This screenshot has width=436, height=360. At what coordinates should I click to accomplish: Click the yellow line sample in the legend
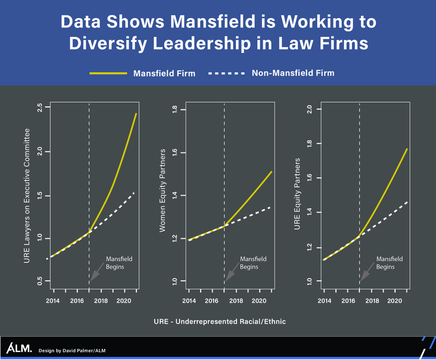point(108,73)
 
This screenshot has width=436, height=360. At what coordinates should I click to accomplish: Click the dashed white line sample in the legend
point(226,73)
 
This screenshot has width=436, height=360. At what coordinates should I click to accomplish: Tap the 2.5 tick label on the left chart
point(40,107)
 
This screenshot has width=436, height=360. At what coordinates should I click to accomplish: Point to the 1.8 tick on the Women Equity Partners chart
point(175,110)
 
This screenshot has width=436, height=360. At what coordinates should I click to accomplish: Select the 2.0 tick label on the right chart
point(309,109)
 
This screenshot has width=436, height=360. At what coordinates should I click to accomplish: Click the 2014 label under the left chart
point(52,301)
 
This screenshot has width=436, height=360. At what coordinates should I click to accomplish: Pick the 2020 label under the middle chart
point(259,301)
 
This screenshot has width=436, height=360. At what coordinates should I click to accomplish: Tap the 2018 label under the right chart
point(372,301)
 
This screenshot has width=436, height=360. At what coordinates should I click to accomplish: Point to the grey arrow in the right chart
point(367,272)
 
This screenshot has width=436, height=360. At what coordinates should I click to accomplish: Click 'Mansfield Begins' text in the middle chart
point(253,263)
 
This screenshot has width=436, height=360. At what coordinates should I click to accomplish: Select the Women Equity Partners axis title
point(162,191)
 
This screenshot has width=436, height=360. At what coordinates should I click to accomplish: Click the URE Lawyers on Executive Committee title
point(27,196)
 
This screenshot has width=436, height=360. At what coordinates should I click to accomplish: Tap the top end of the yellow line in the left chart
point(136,114)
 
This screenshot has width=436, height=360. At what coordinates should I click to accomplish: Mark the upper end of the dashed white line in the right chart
point(408,202)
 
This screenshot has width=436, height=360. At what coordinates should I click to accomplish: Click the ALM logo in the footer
point(19,348)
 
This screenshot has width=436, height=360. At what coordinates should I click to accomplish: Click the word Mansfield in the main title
point(213,22)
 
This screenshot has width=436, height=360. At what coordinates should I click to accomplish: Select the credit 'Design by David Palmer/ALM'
point(72,350)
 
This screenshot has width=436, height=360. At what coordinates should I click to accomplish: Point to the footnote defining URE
point(219,321)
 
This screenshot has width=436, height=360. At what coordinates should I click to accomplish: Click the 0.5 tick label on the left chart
point(40,281)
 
